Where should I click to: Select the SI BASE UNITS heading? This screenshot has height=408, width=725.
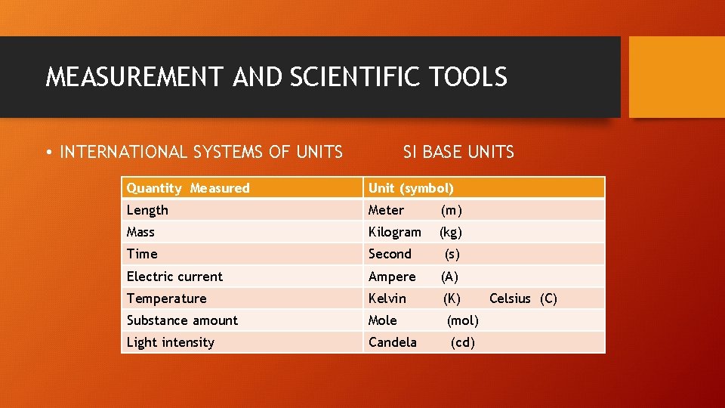pos(458,152)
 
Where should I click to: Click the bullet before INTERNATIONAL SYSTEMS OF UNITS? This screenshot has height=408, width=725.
pos(49,153)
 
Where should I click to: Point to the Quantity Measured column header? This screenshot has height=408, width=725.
pos(188,188)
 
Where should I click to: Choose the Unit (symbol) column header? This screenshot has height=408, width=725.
pos(411,188)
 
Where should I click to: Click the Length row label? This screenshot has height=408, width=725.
pos(147,210)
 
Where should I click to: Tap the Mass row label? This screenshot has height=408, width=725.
pos(140,232)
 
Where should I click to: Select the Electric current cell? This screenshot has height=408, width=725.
pos(174,277)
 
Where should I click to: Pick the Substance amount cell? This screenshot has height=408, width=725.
pos(182,320)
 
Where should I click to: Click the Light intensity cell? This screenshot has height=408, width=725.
pos(171,342)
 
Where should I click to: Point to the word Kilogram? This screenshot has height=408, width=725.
pos(394,232)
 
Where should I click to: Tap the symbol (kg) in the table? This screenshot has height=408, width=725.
pos(451,232)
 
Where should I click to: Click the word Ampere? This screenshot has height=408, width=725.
pos(392,277)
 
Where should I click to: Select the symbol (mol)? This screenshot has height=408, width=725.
pos(463,320)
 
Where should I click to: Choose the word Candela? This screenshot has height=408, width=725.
pos(392,342)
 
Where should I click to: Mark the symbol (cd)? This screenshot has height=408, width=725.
pos(463,342)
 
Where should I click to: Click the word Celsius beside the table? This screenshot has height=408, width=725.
pos(510,298)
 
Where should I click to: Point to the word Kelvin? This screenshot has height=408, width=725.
pos(387,298)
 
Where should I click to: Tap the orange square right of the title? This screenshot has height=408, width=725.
pos(677,77)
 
